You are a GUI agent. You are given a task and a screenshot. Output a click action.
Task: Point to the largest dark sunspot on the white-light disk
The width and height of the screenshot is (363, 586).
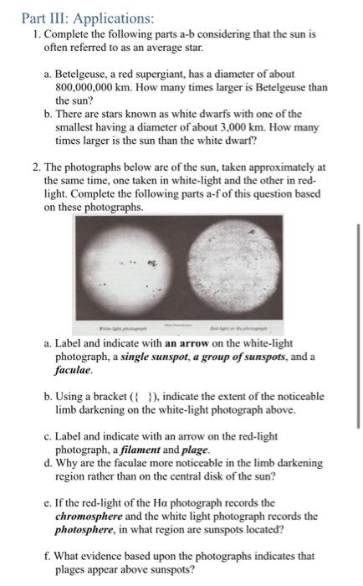[x=152, y=264]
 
